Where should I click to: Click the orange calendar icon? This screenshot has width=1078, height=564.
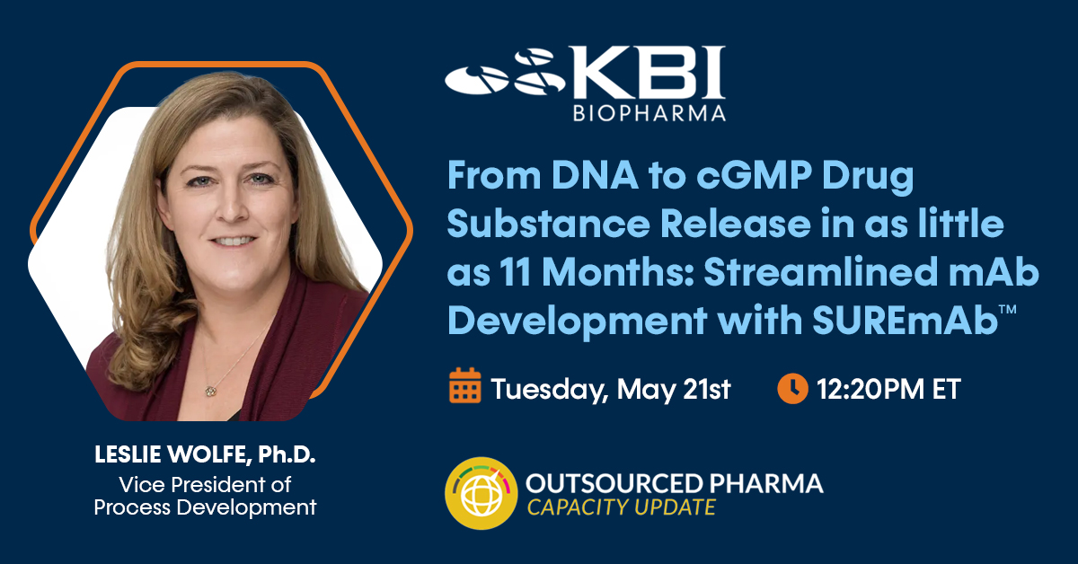465,385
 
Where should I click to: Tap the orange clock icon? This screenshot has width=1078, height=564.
792,388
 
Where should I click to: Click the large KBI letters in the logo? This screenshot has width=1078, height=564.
648,73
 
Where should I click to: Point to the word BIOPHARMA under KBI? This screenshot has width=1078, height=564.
649,113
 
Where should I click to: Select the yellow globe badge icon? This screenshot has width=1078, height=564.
482,493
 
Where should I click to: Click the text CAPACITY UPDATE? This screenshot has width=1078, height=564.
622,507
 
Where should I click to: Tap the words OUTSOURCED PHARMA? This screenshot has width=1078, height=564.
675,484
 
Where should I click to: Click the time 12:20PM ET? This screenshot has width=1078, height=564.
888,389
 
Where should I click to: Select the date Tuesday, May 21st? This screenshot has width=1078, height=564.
611,390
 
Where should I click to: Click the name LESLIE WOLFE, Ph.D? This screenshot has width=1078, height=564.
205,454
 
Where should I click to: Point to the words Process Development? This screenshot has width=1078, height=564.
205,507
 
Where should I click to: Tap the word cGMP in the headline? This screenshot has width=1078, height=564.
754,177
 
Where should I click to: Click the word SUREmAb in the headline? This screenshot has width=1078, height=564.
905,320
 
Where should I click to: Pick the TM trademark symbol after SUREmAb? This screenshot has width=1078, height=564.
1008,309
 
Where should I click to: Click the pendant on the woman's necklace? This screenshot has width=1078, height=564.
210,392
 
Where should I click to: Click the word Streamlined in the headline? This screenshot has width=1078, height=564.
820,272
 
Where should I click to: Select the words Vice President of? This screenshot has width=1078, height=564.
205,485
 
